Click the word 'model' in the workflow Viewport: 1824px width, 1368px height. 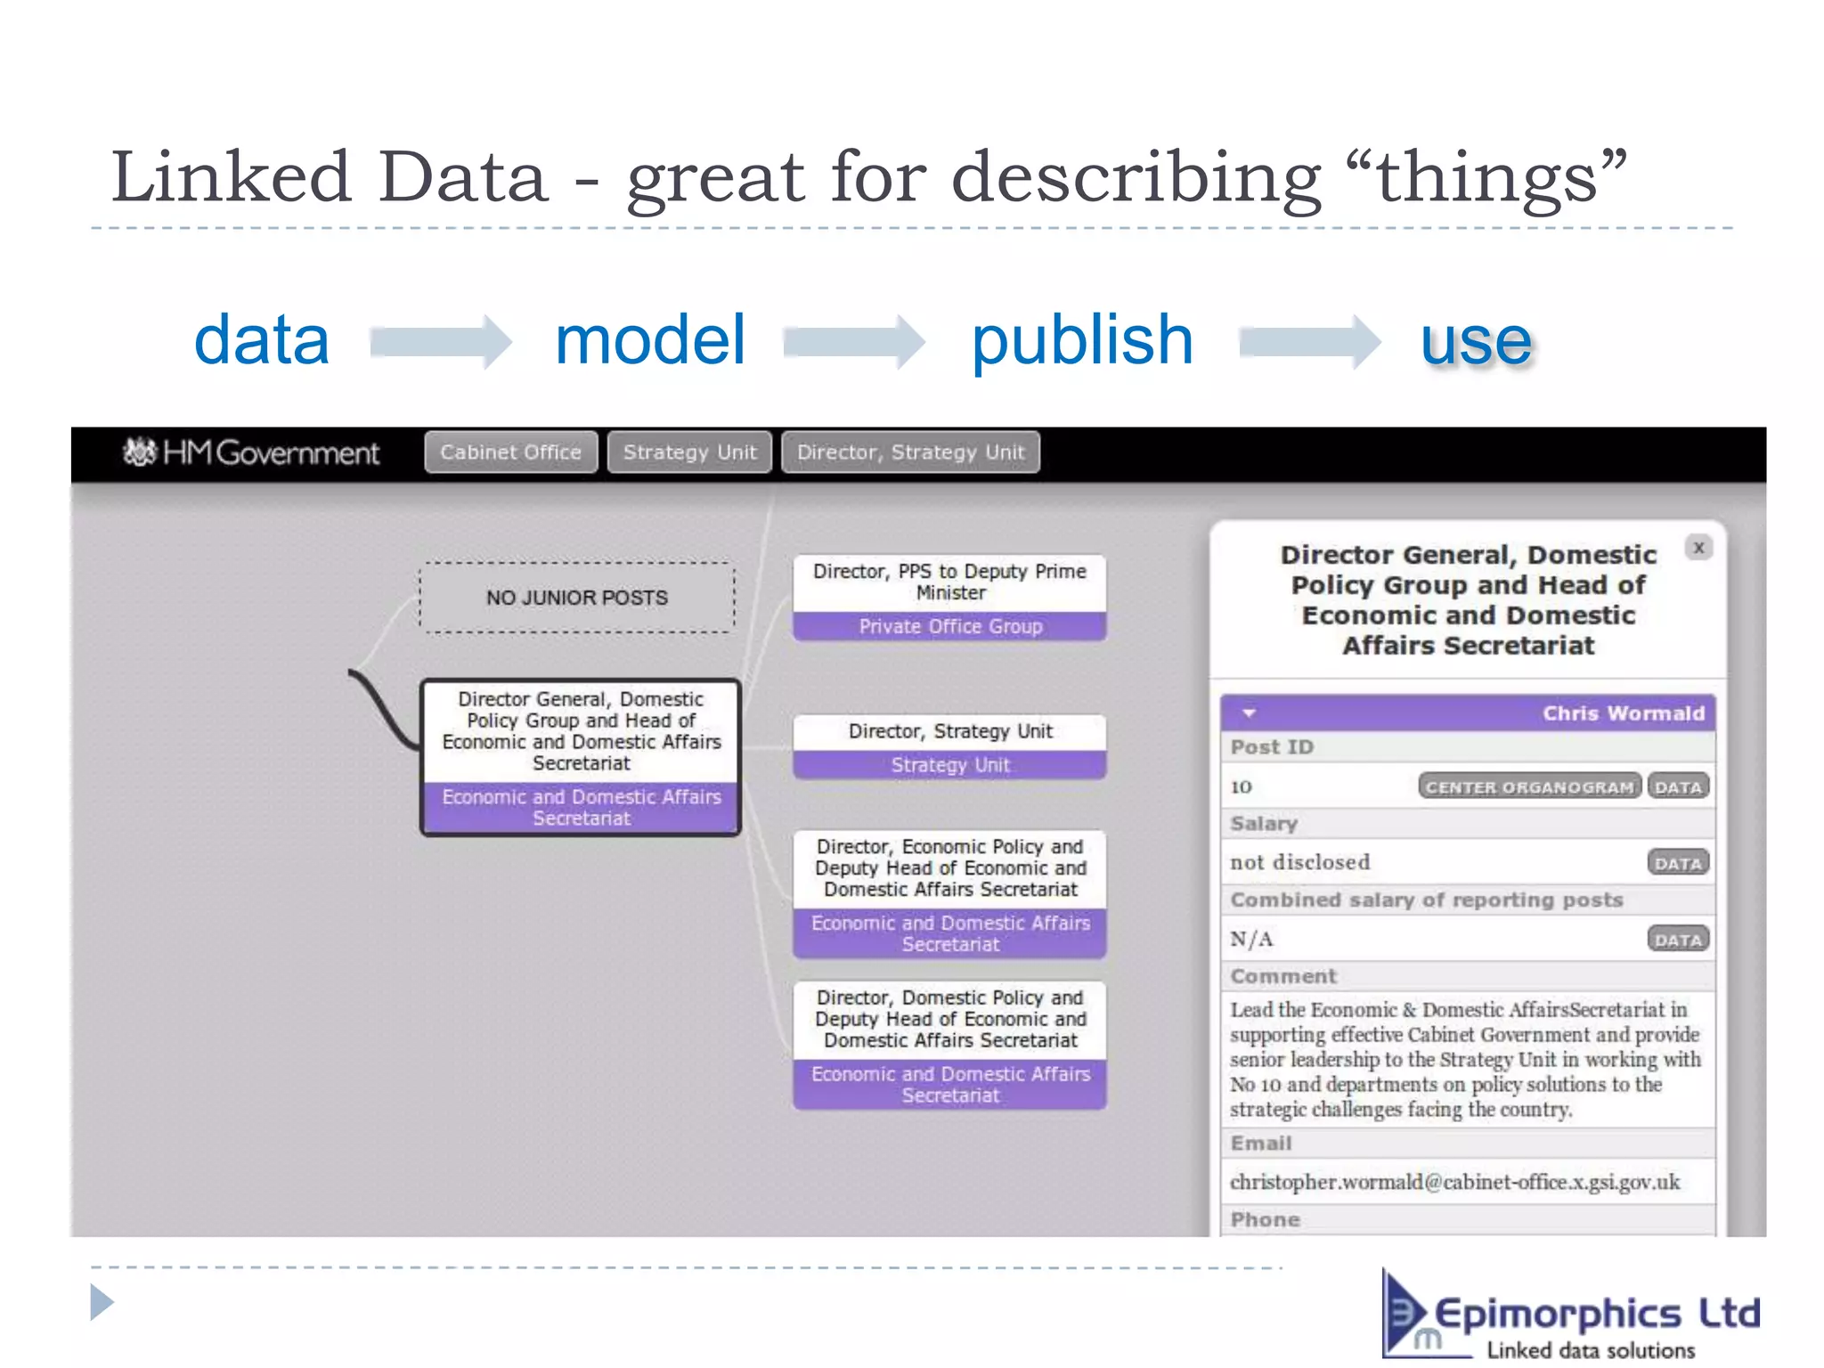coord(649,340)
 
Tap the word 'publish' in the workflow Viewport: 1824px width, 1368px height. coord(1081,340)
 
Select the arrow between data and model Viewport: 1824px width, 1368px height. coord(441,342)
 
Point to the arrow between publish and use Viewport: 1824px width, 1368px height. coord(1309,342)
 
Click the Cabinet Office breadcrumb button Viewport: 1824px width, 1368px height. coord(510,452)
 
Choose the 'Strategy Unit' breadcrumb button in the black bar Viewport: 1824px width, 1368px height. coord(689,452)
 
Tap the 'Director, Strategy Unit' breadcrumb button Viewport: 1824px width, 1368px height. coord(910,452)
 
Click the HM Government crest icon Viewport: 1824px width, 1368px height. coord(140,452)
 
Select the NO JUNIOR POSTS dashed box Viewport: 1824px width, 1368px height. coord(577,598)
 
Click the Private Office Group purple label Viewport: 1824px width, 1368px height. coord(950,626)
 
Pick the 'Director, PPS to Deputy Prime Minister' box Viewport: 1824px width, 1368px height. coord(950,582)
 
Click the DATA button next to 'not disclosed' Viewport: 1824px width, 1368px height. coord(1678,863)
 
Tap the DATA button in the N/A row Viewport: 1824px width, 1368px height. coord(1678,940)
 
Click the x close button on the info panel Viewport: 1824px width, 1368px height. coord(1698,548)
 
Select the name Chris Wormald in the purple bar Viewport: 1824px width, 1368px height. coord(1623,713)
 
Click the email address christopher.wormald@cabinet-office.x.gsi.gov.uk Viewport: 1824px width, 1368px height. coord(1454,1182)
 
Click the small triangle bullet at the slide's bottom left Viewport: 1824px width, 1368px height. coord(102,1302)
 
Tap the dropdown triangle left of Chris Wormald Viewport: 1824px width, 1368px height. coord(1249,713)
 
